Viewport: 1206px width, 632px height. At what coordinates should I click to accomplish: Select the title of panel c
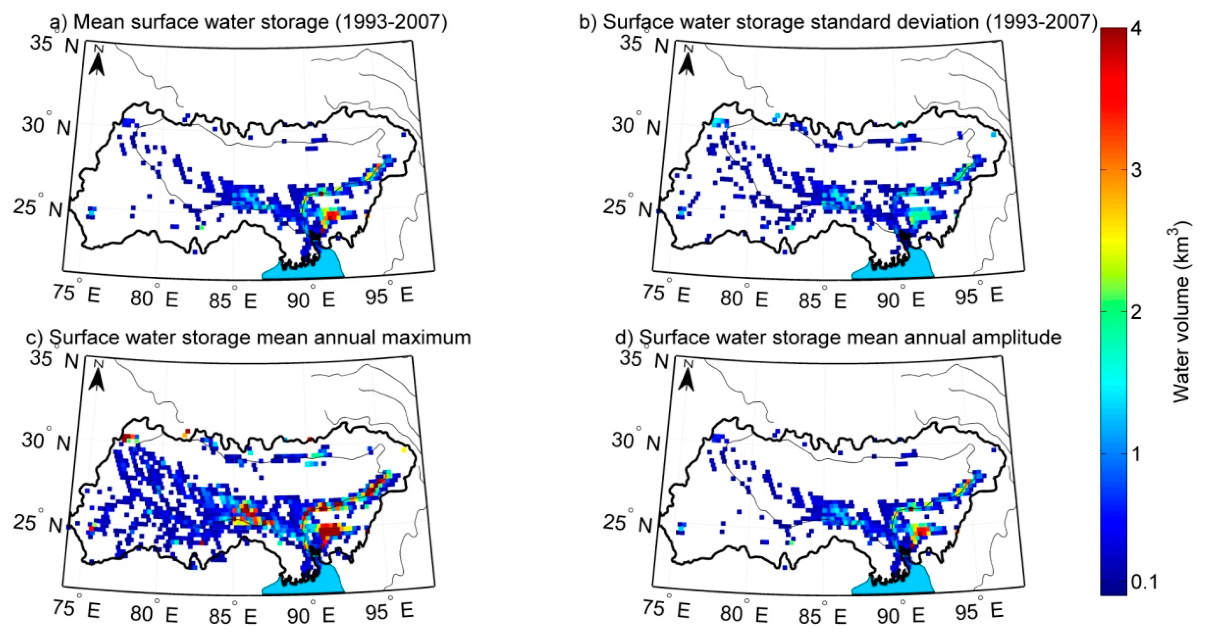[x=260, y=337]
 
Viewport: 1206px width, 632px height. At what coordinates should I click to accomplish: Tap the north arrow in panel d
[x=687, y=377]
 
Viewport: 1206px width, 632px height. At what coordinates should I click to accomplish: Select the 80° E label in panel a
[x=154, y=298]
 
